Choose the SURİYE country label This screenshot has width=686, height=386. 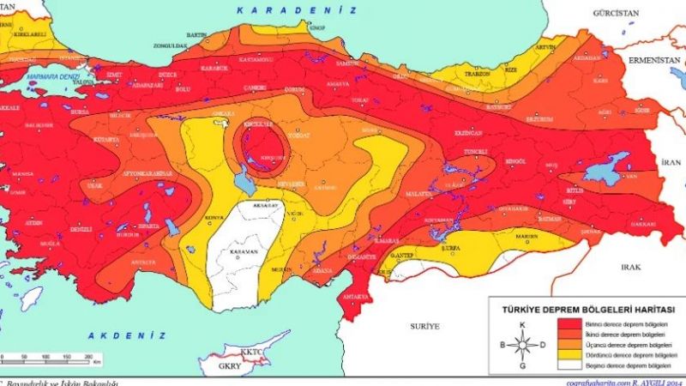pyautogui.click(x=424, y=326)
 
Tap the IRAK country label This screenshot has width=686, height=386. pyautogui.click(x=631, y=267)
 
